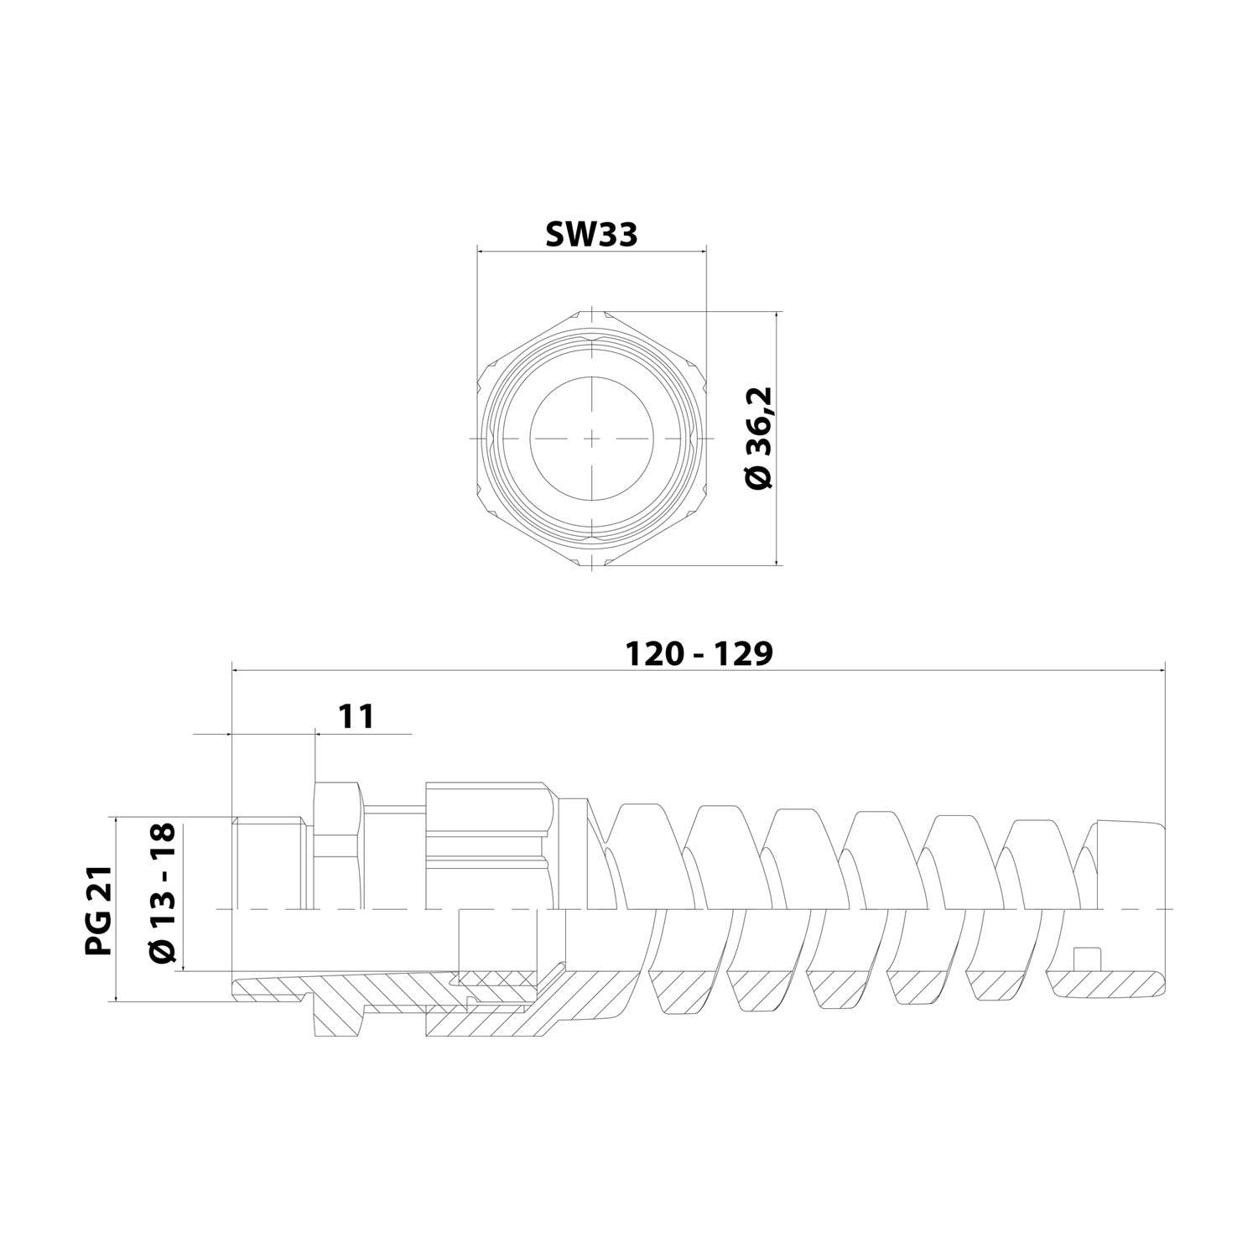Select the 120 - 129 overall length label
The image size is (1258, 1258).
pos(699,653)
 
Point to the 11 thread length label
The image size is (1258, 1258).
pos(356,716)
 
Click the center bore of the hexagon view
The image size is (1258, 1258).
pos(592,439)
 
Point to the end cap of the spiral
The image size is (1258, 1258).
pos(1128,864)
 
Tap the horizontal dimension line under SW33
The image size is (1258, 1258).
pos(591,249)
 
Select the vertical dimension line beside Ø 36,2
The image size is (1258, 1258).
pos(778,439)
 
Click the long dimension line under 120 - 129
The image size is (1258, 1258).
pos(699,670)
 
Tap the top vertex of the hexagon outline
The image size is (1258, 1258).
pos(592,311)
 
